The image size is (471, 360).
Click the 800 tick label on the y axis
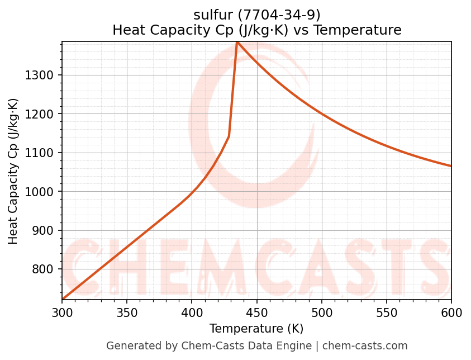pyautogui.click(x=46, y=269)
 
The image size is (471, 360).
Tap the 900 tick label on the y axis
pyautogui.click(x=46, y=231)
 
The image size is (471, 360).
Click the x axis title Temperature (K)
pyautogui.click(x=256, y=329)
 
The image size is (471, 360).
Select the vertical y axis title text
pyautogui.click(x=13, y=171)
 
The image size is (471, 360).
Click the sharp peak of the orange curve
pyautogui.click(x=237, y=42)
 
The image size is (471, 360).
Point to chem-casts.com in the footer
pyautogui.click(x=365, y=346)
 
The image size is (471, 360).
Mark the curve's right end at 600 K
pyautogui.click(x=450, y=165)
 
